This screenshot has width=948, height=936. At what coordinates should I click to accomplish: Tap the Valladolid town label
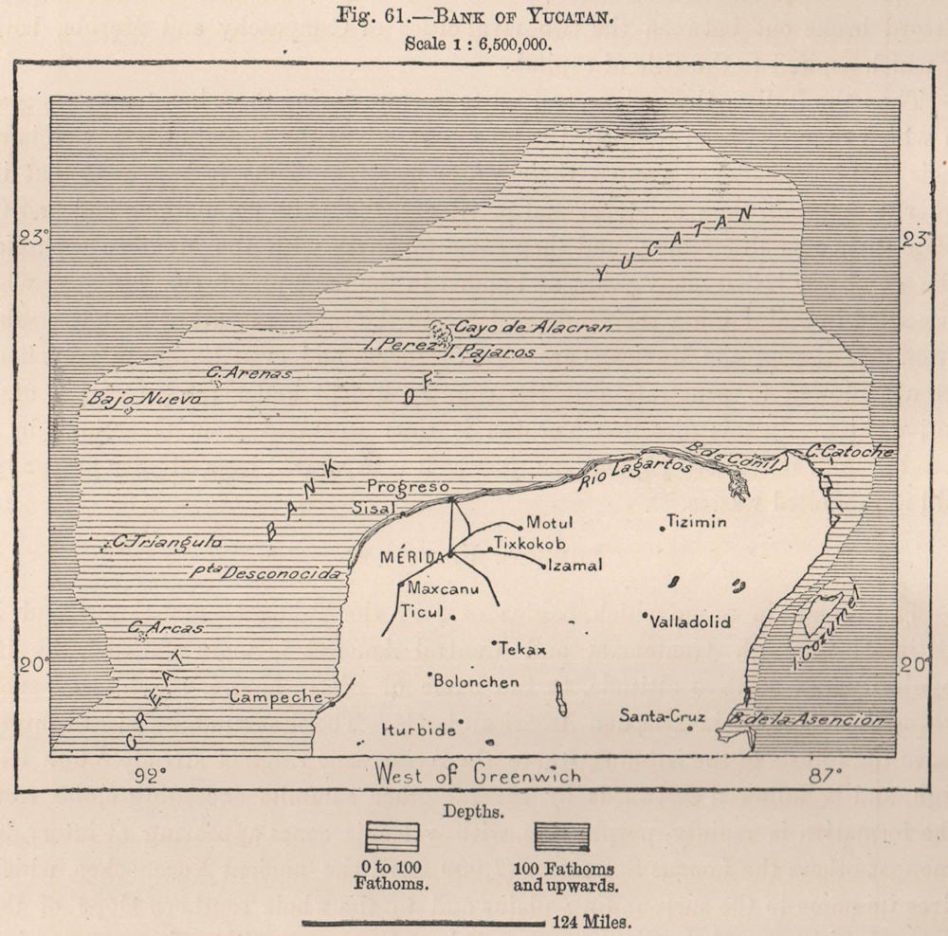coord(690,622)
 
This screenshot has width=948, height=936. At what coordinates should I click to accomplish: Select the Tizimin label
coord(696,521)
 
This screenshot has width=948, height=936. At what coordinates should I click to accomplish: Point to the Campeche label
coord(276,696)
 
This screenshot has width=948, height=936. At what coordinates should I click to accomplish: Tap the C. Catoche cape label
coord(850,452)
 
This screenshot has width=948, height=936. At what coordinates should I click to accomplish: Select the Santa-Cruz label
coord(662,716)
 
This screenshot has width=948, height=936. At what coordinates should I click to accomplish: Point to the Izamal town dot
coord(543,567)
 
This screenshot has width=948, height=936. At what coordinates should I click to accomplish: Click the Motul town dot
coord(520,527)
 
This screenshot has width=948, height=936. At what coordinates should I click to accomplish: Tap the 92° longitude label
coord(149,776)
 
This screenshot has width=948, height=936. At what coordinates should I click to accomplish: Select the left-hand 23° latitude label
coord(31,240)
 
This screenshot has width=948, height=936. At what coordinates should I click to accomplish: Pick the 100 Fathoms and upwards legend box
coord(562,837)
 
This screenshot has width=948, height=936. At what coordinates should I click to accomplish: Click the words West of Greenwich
coord(477,774)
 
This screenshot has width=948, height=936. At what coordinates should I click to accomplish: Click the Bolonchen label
coord(478,681)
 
